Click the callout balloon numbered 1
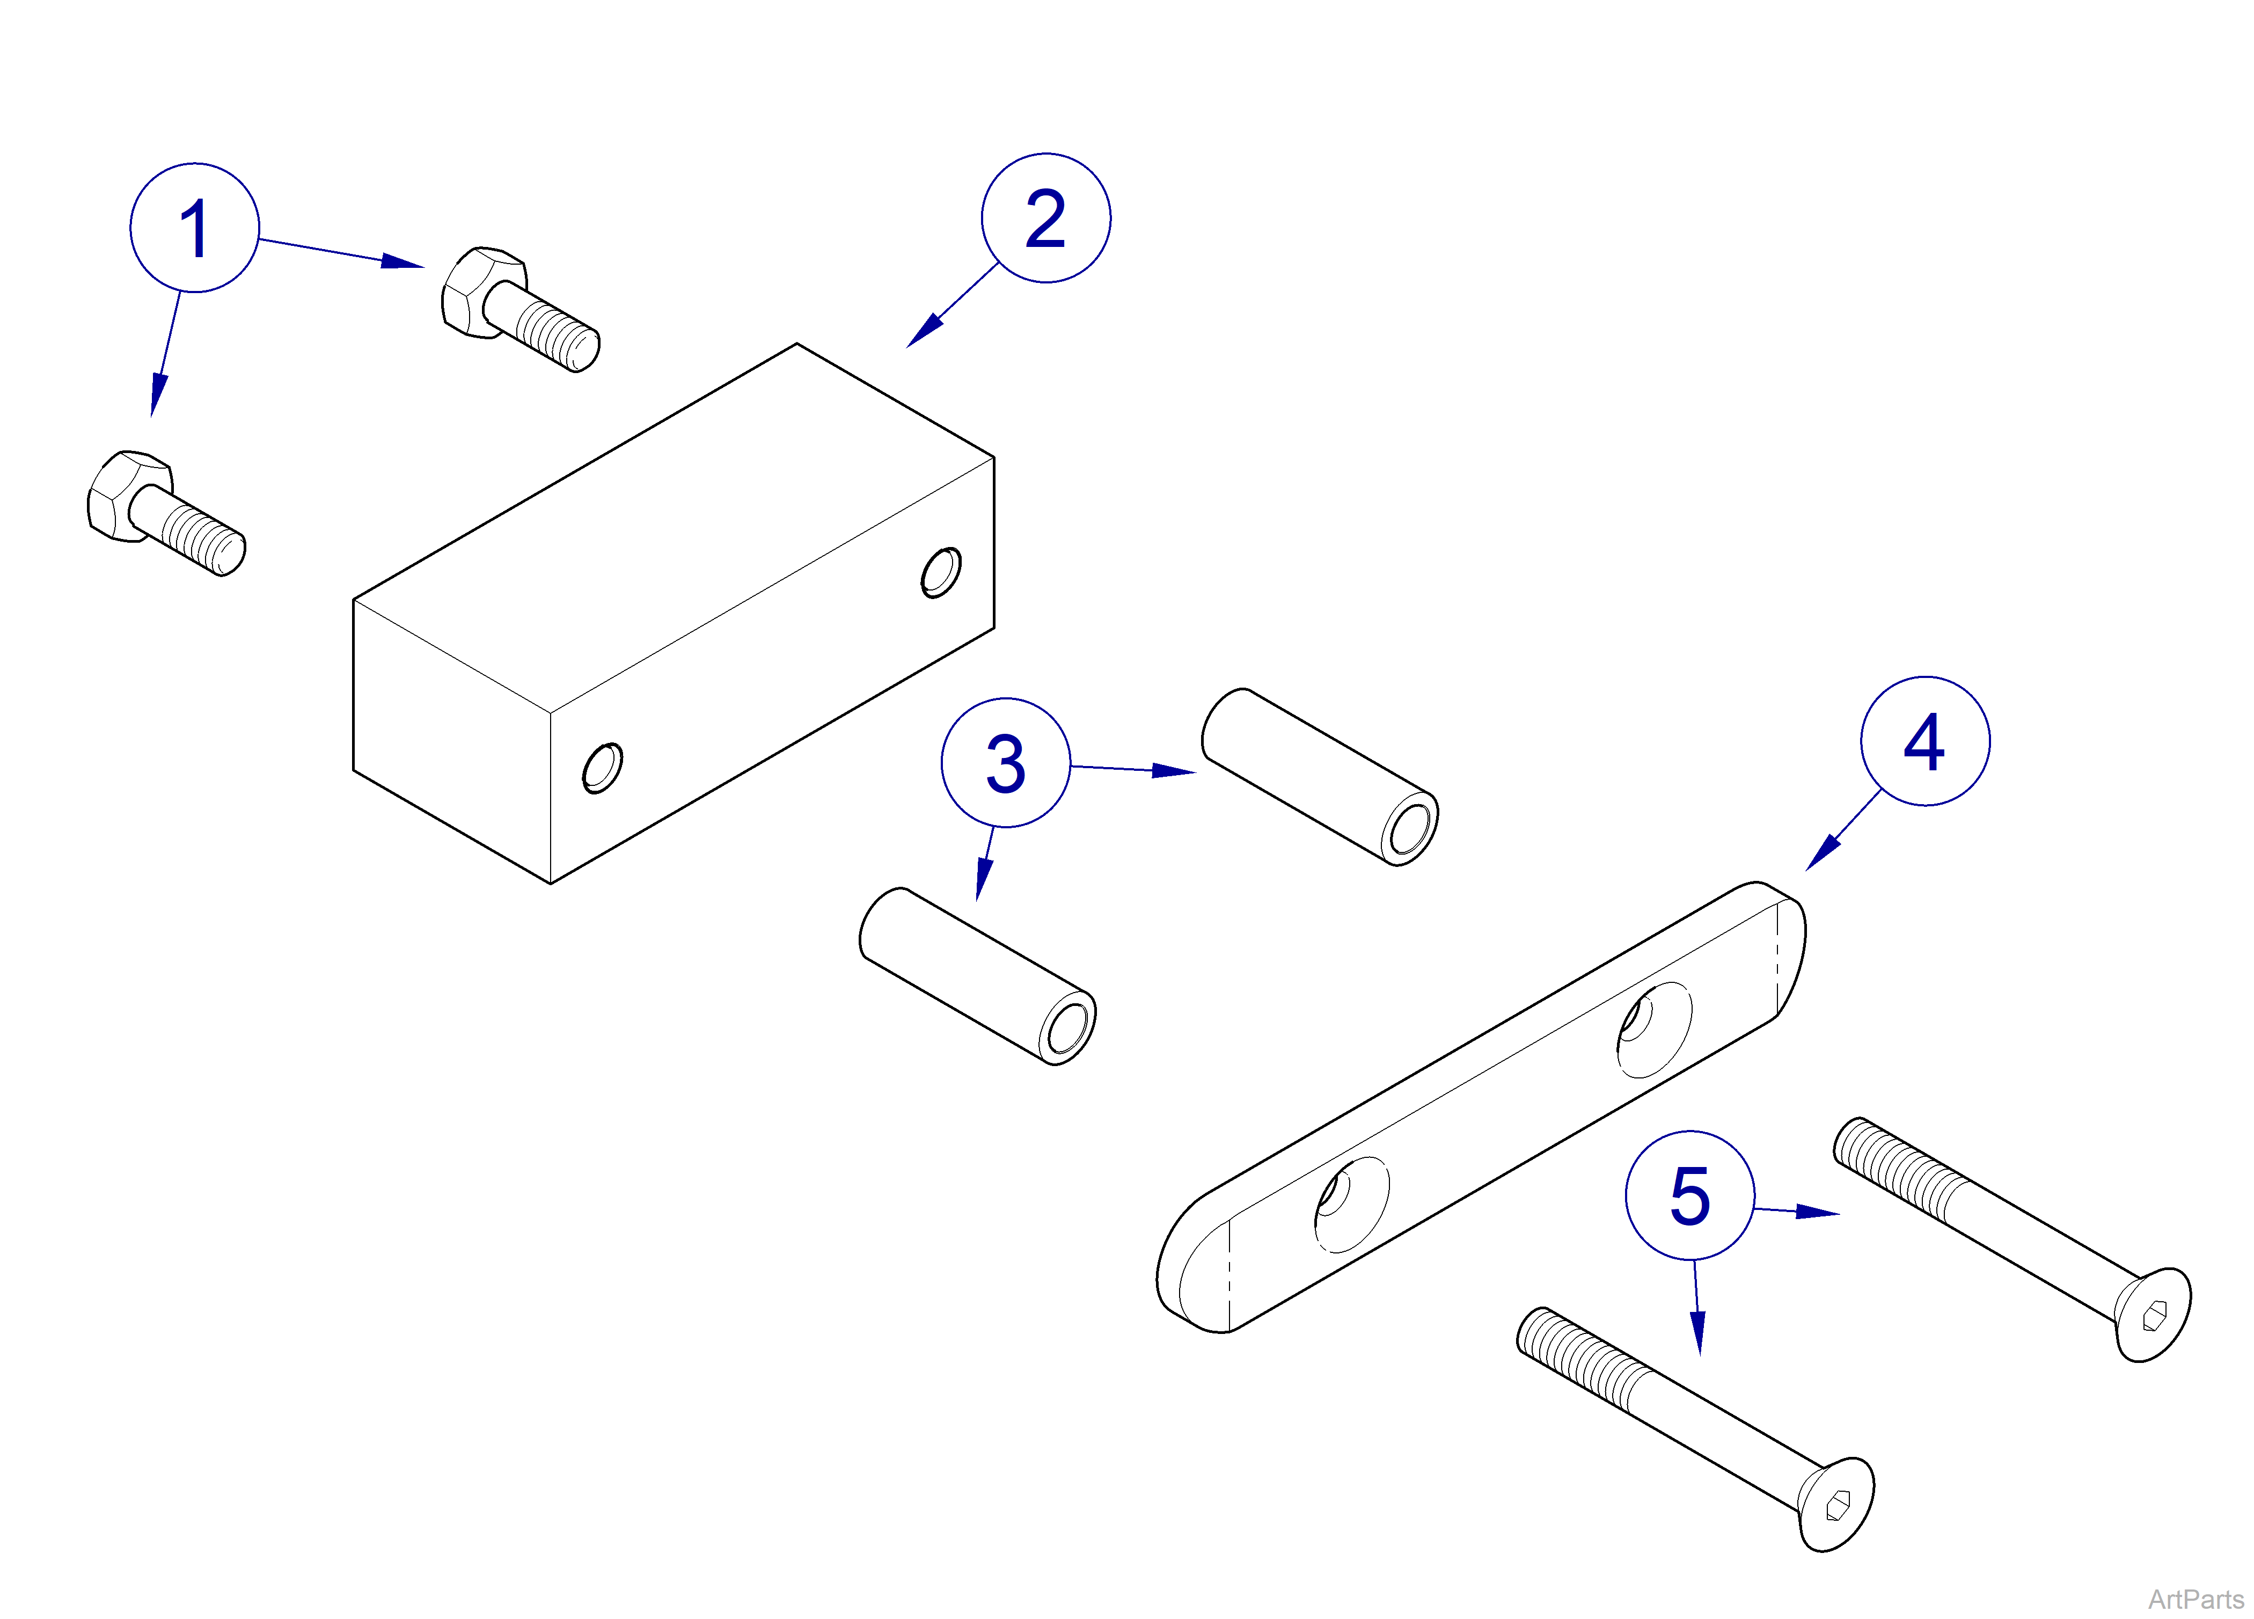195,228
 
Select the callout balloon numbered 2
1045,217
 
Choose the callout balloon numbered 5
1689,1195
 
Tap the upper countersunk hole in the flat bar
1653,1030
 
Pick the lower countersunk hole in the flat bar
1351,1205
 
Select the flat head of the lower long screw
1835,1504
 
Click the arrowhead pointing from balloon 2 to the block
923,332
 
